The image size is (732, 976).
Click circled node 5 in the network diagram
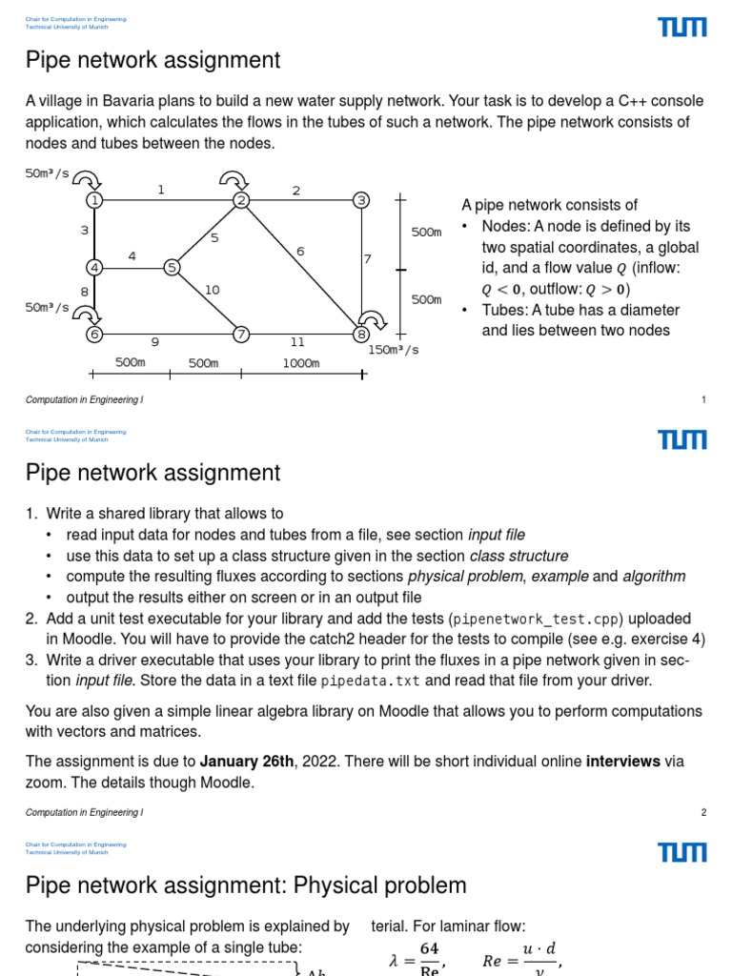pyautogui.click(x=173, y=268)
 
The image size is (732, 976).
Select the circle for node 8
pyautogui.click(x=360, y=335)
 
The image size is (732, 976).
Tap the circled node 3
pyautogui.click(x=360, y=200)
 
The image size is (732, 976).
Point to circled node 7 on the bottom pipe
pyautogui.click(x=241, y=335)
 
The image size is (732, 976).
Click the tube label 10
pyautogui.click(x=212, y=290)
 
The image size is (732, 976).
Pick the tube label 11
pyautogui.click(x=297, y=341)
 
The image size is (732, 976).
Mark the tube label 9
pyautogui.click(x=154, y=341)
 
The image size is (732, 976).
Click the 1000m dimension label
pyautogui.click(x=300, y=363)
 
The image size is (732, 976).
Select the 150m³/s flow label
pyautogui.click(x=394, y=350)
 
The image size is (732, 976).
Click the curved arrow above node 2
pyautogui.click(x=232, y=179)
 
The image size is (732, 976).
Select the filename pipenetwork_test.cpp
pyautogui.click(x=518, y=620)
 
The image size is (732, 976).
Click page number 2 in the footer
pyautogui.click(x=703, y=813)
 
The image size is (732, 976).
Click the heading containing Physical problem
pyautogui.click(x=246, y=885)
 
